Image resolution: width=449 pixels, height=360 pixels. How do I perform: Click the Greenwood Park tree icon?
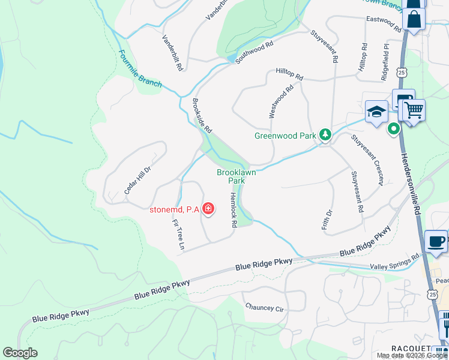[x=325, y=135]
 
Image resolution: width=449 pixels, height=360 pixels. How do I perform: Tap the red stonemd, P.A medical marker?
[x=208, y=209]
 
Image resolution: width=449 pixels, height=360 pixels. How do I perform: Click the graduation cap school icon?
[x=376, y=112]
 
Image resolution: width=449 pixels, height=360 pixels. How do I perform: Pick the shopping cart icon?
[x=414, y=110]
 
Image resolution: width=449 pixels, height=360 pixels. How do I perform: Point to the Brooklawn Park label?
[x=231, y=176]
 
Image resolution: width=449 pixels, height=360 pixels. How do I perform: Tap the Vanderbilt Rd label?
[x=172, y=53]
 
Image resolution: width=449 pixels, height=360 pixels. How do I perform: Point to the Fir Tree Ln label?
[x=178, y=234]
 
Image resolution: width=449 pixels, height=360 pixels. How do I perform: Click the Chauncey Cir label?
[x=264, y=307]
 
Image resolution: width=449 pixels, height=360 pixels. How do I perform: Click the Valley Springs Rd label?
[x=395, y=262]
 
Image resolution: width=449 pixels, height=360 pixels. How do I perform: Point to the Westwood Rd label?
[x=281, y=101]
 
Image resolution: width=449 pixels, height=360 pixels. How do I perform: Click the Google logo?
[x=20, y=353]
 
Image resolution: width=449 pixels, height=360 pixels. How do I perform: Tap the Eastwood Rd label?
[x=384, y=23]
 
